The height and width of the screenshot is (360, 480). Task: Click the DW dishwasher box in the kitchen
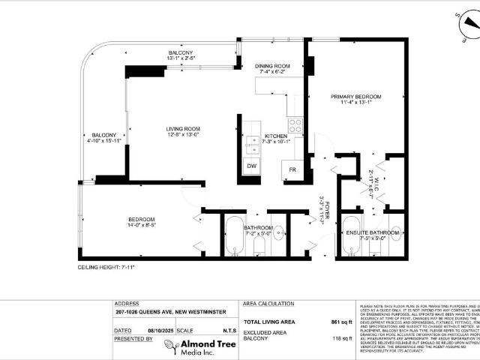pyautogui.click(x=250, y=166)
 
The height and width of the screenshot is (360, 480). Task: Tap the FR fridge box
pyautogui.click(x=292, y=169)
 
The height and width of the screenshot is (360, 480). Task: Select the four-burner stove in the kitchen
pyautogui.click(x=295, y=124)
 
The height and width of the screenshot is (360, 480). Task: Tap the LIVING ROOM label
pyautogui.click(x=183, y=129)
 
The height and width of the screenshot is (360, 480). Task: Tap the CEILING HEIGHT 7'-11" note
pyautogui.click(x=112, y=266)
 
